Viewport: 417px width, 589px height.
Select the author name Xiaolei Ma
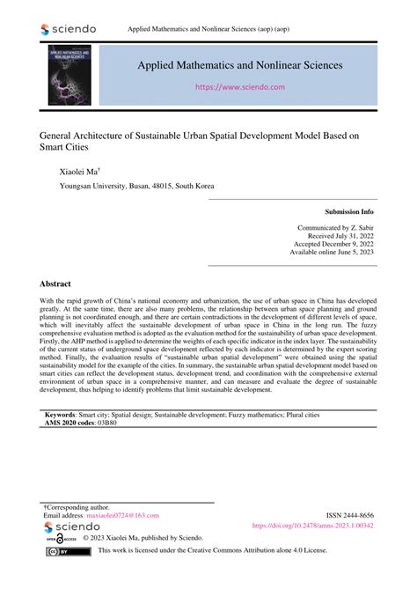click(x=78, y=172)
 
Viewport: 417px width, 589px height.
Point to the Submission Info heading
click(x=349, y=212)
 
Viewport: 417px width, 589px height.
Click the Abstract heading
click(x=55, y=285)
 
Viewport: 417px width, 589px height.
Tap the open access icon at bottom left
click(x=53, y=539)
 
